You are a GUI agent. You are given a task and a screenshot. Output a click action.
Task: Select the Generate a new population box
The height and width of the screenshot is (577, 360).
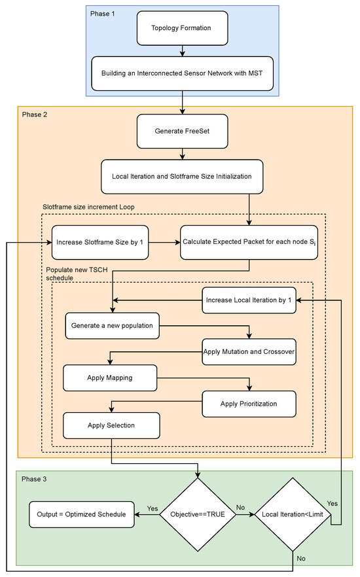click(x=113, y=325)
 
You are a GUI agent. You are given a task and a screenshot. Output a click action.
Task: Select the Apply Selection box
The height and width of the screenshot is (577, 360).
click(x=111, y=425)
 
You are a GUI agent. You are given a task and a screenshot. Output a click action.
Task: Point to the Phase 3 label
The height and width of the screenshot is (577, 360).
click(x=36, y=479)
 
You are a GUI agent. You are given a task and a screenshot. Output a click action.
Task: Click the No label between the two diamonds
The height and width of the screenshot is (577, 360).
click(x=240, y=508)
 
